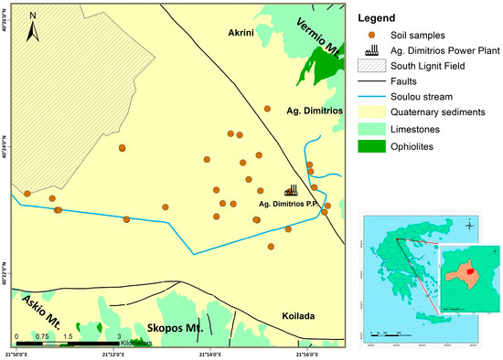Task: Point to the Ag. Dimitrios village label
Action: pyautogui.click(x=314, y=109)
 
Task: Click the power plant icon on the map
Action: pyautogui.click(x=292, y=189)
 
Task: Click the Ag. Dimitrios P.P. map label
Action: pyautogui.click(x=290, y=203)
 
